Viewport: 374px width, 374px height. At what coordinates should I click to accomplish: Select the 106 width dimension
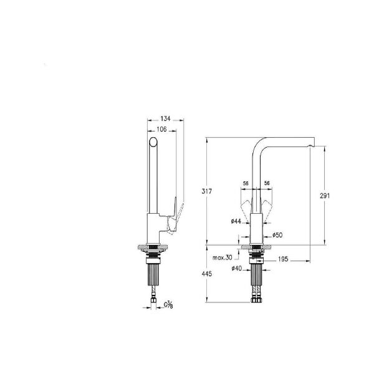(x=161, y=129)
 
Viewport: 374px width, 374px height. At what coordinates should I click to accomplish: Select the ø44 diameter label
(x=236, y=221)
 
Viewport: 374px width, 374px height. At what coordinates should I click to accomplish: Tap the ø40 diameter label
(x=236, y=269)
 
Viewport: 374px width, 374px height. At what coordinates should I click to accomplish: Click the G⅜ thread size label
(x=168, y=305)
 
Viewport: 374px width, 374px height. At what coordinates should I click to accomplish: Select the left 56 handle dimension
(x=246, y=183)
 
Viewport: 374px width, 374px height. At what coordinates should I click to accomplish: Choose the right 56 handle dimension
(x=267, y=183)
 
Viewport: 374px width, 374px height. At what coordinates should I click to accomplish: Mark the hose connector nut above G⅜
(x=153, y=303)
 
